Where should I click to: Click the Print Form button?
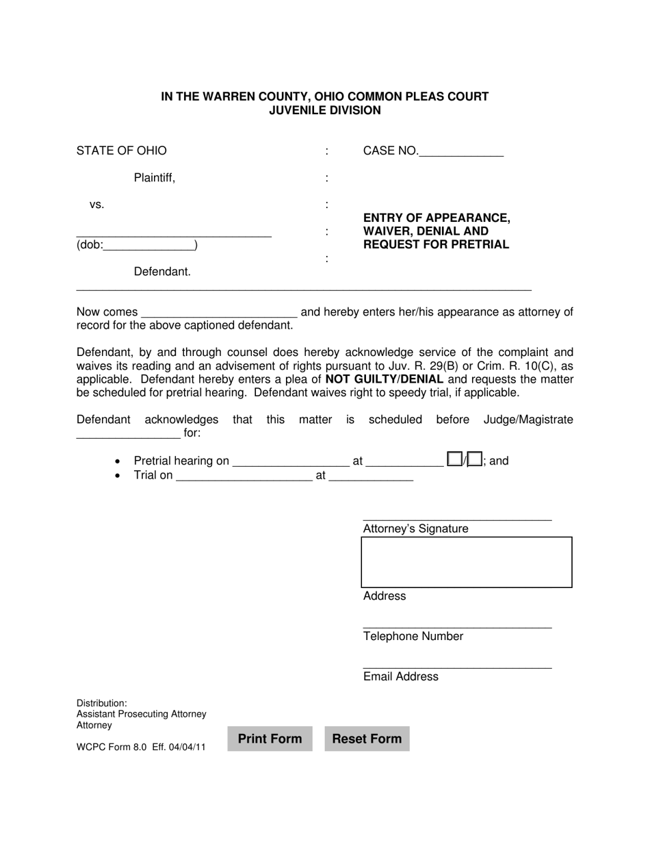coord(270,739)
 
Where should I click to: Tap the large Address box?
coord(466,562)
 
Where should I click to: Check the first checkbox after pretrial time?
coord(454,459)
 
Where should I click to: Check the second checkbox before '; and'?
coord(475,459)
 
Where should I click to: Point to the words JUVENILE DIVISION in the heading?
coord(325,110)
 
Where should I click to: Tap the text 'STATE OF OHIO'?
coord(121,151)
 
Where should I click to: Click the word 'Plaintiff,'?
coord(155,178)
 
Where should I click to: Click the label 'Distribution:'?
coord(101,703)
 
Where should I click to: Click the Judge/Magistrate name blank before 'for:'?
coord(128,434)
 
